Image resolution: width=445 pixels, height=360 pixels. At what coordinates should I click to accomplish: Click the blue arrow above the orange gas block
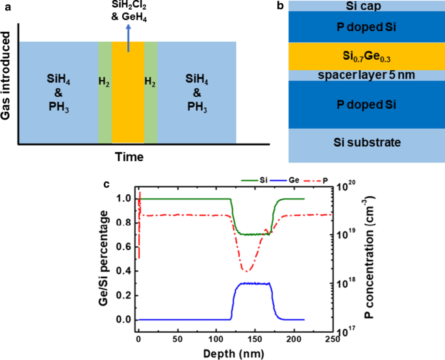(127, 40)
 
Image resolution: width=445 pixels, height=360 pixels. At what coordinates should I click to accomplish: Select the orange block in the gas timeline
(127, 97)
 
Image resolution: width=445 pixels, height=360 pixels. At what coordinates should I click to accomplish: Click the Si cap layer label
(364, 6)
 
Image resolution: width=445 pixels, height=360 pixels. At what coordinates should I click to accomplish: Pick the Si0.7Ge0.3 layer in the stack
(364, 55)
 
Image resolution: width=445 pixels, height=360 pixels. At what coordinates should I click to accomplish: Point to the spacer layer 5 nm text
(364, 75)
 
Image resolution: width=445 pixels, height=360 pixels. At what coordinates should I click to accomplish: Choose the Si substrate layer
(364, 142)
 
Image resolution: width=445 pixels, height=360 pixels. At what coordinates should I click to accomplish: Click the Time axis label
(129, 157)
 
